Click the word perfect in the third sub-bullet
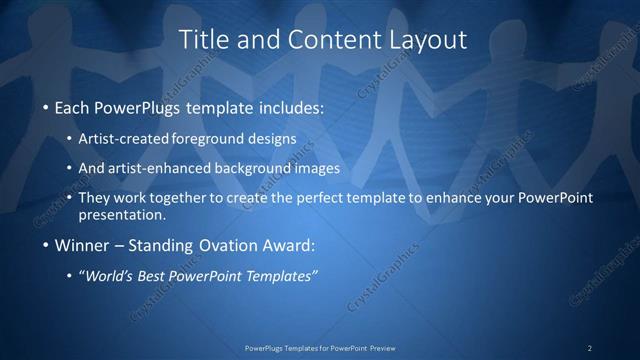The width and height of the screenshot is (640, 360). point(312,198)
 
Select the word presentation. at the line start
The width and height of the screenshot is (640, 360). point(123,214)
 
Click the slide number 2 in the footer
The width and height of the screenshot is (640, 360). point(590,348)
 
